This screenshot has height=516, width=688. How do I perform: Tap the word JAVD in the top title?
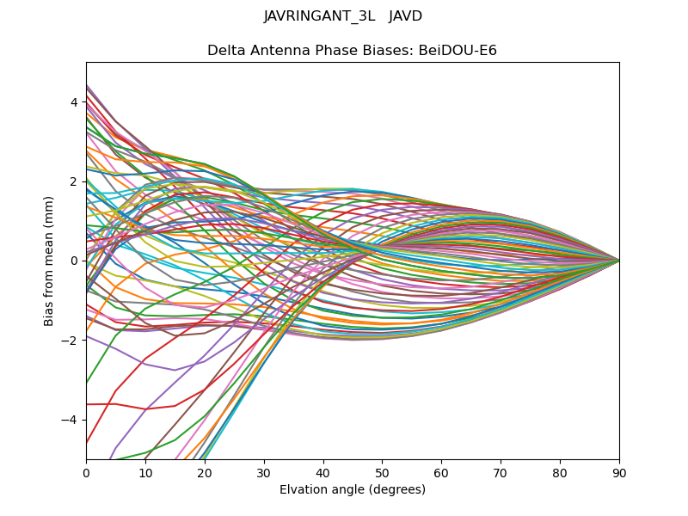406,16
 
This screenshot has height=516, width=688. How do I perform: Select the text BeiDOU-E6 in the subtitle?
458,51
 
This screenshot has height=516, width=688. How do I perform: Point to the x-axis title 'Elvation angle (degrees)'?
353,490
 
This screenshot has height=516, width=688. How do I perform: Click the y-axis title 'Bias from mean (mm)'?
49,261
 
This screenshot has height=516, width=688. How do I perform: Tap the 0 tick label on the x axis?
86,472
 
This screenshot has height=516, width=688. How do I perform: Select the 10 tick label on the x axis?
145,472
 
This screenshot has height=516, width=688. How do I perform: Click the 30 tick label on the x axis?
264,472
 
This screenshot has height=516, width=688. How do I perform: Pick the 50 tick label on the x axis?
382,472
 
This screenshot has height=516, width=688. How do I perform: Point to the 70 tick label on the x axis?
501,472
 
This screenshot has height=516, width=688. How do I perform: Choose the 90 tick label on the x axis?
619,472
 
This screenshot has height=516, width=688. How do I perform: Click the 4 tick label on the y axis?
74,102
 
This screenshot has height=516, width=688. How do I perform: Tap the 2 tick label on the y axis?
74,181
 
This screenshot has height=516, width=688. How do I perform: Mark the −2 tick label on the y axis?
71,340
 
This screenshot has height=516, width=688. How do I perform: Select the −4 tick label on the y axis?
71,420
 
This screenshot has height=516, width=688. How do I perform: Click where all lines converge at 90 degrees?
618,261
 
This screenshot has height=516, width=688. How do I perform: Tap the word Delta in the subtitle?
226,51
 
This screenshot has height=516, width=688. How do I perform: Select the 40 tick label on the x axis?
323,472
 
